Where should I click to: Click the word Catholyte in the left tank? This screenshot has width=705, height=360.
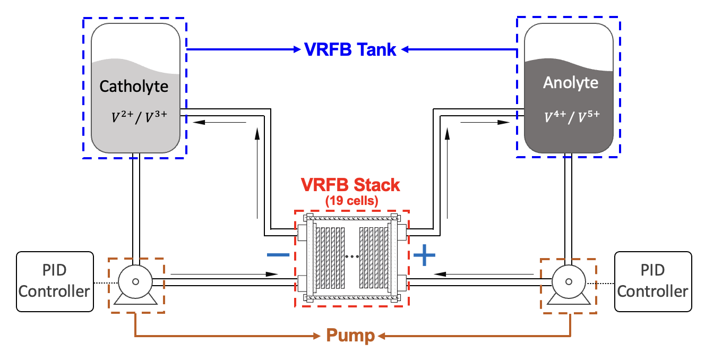(x=134, y=87)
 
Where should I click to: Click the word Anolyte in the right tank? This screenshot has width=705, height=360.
(x=571, y=83)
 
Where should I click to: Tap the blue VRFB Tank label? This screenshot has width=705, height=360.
(x=350, y=49)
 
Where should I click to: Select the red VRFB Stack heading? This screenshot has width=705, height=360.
(x=350, y=185)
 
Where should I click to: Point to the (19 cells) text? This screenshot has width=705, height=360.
(x=351, y=201)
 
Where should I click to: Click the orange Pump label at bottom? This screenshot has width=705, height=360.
(x=350, y=336)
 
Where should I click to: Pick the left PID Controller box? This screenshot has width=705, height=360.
(x=55, y=281)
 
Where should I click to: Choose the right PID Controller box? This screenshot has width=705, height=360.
(x=653, y=281)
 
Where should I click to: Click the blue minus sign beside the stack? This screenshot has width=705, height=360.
(x=278, y=255)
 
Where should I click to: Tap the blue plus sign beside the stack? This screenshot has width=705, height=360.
(x=424, y=255)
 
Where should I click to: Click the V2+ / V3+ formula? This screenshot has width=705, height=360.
(x=139, y=117)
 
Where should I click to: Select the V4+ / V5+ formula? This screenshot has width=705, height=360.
(x=572, y=117)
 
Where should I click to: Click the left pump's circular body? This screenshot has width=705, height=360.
(x=135, y=281)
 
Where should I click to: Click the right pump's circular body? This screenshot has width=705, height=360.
(x=569, y=281)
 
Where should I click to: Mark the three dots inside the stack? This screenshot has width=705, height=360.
(x=352, y=257)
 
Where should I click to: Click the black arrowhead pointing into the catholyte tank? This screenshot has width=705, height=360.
(x=199, y=122)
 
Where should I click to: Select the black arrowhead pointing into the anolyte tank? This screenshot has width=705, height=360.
(x=504, y=122)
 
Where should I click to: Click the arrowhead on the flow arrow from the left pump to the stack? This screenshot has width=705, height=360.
(x=272, y=274)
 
